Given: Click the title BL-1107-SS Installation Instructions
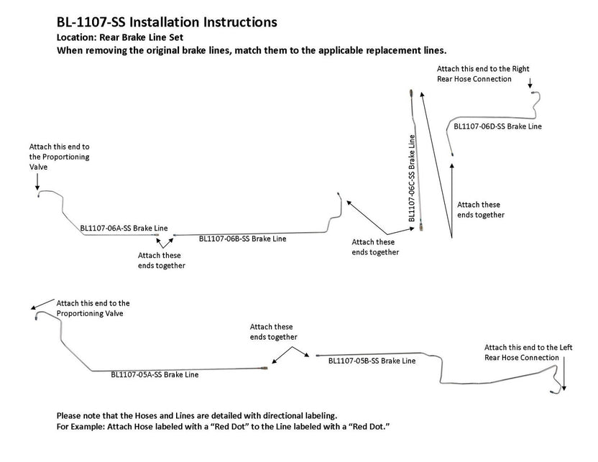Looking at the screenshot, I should coord(166,22).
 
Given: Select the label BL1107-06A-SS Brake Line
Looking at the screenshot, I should coord(124,228).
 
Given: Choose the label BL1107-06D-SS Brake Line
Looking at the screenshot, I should coord(497,126).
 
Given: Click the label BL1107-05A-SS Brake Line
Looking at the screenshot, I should coord(155,374).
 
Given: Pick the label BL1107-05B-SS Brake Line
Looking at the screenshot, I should coord(371,361).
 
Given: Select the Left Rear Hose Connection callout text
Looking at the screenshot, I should coord(521,352).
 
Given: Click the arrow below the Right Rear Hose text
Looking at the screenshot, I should coord(530,86).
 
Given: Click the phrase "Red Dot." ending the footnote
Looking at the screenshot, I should coord(373,427).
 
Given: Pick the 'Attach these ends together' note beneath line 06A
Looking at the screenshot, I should coord(161,260).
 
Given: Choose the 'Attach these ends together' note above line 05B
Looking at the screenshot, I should coord(273,332).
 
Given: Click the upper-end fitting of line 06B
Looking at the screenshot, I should coord(339,194).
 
